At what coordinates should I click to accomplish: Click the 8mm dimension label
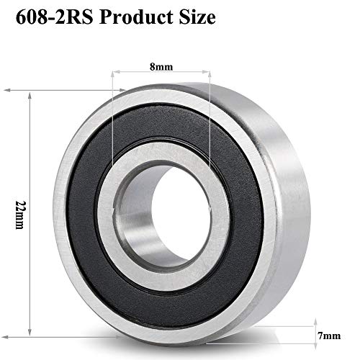pos(162,66)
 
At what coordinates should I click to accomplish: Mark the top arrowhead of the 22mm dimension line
pos(29,93)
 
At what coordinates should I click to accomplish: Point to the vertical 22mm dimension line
pos(29,216)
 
